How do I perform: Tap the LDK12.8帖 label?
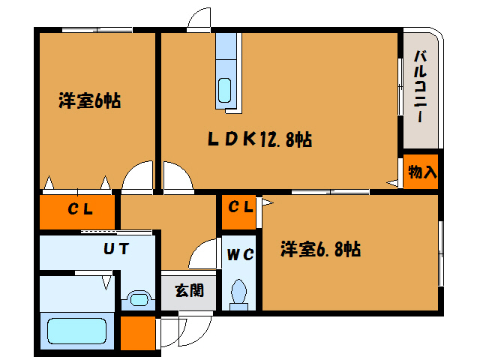pyautogui.click(x=259, y=139)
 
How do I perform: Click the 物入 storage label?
pyautogui.click(x=422, y=172)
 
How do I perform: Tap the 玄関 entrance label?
pyautogui.click(x=188, y=291)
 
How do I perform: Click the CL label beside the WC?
pyautogui.click(x=240, y=207)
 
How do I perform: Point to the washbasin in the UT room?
pyautogui.click(x=139, y=298)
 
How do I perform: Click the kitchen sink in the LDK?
pyautogui.click(x=225, y=90)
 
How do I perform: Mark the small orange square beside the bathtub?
pyautogui.click(x=138, y=333)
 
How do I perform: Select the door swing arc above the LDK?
pyautogui.click(x=199, y=20)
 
